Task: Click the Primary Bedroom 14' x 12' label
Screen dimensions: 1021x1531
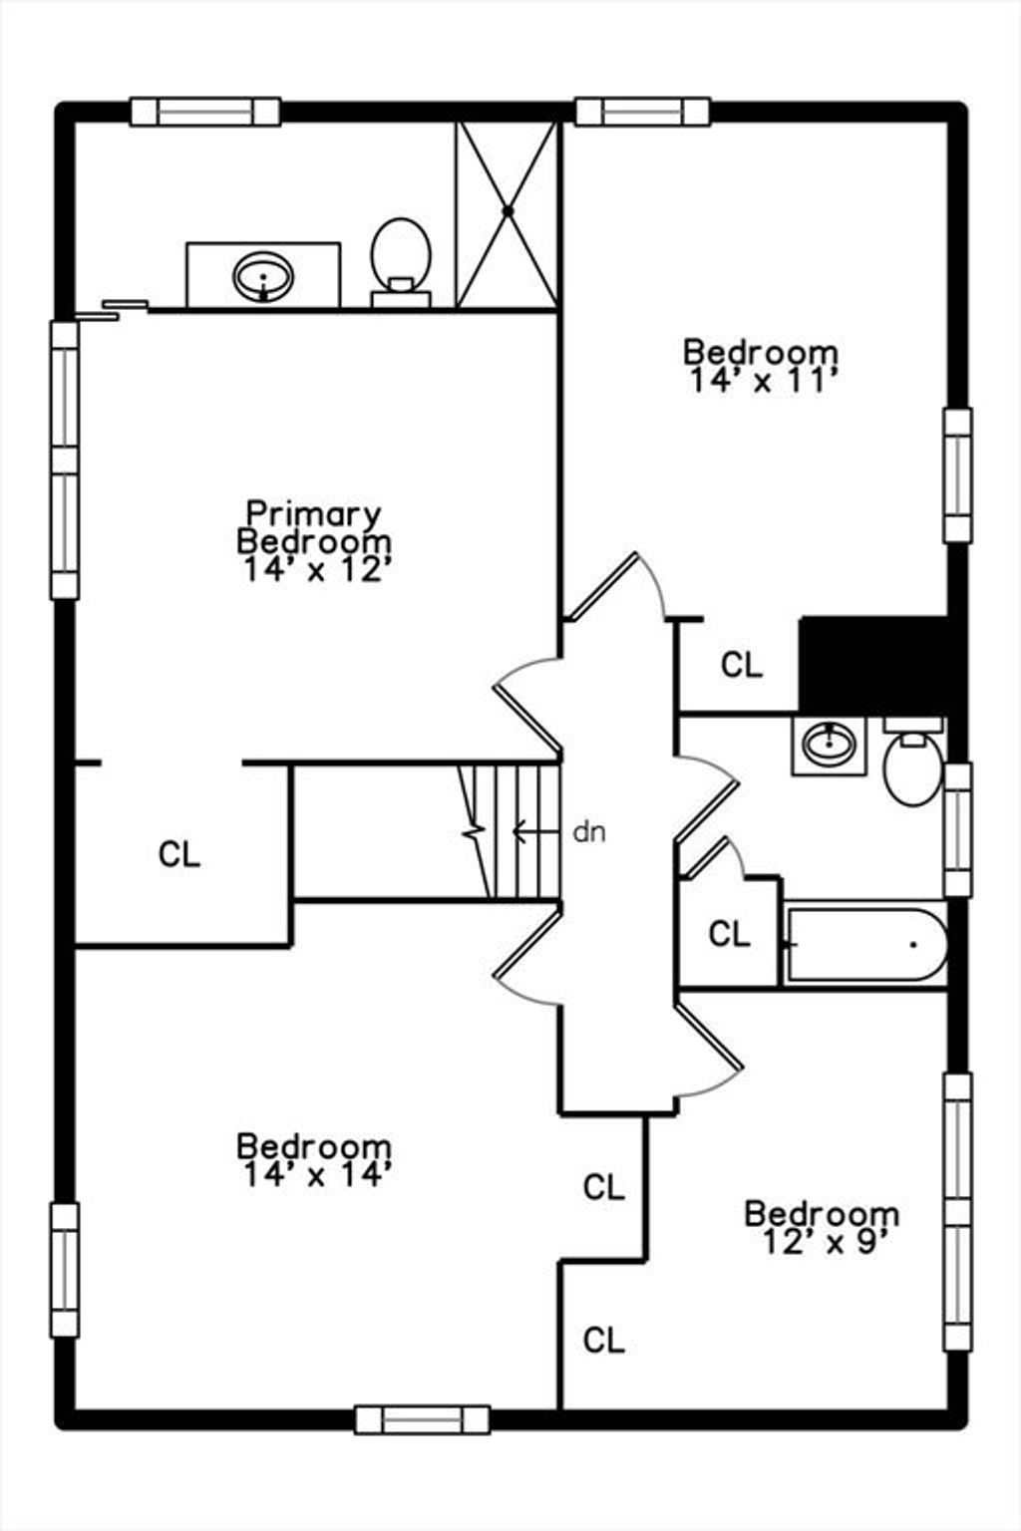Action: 314,541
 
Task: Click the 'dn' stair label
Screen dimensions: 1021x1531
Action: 589,832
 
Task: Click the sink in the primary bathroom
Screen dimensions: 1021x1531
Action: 263,276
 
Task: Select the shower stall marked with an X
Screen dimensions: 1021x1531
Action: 507,214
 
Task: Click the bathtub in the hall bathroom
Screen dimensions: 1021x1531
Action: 864,945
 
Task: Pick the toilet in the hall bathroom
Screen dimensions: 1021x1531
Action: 913,762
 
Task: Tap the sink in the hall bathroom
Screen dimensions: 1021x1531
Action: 830,745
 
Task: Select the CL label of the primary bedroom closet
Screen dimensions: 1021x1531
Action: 179,854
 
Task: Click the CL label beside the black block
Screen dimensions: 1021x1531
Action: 741,665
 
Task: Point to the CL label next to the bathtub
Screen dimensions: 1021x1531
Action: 730,934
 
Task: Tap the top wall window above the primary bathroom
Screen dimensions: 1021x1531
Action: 205,112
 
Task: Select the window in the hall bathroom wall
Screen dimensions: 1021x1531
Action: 958,829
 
